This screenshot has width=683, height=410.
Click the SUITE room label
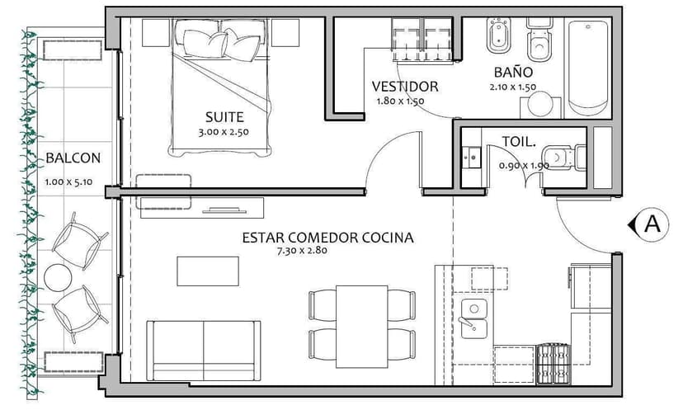[225, 116]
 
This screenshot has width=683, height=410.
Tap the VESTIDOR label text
[404, 86]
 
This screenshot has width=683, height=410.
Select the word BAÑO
[513, 73]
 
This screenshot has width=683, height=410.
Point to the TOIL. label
[519, 142]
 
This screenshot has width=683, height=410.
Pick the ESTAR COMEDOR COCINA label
[327, 238]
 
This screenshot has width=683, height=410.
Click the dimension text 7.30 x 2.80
[311, 252]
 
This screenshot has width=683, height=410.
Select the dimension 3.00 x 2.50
[224, 131]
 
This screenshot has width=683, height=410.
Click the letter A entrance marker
[653, 223]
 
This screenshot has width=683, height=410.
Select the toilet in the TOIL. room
[563, 155]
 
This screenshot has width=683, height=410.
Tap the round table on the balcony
[59, 277]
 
